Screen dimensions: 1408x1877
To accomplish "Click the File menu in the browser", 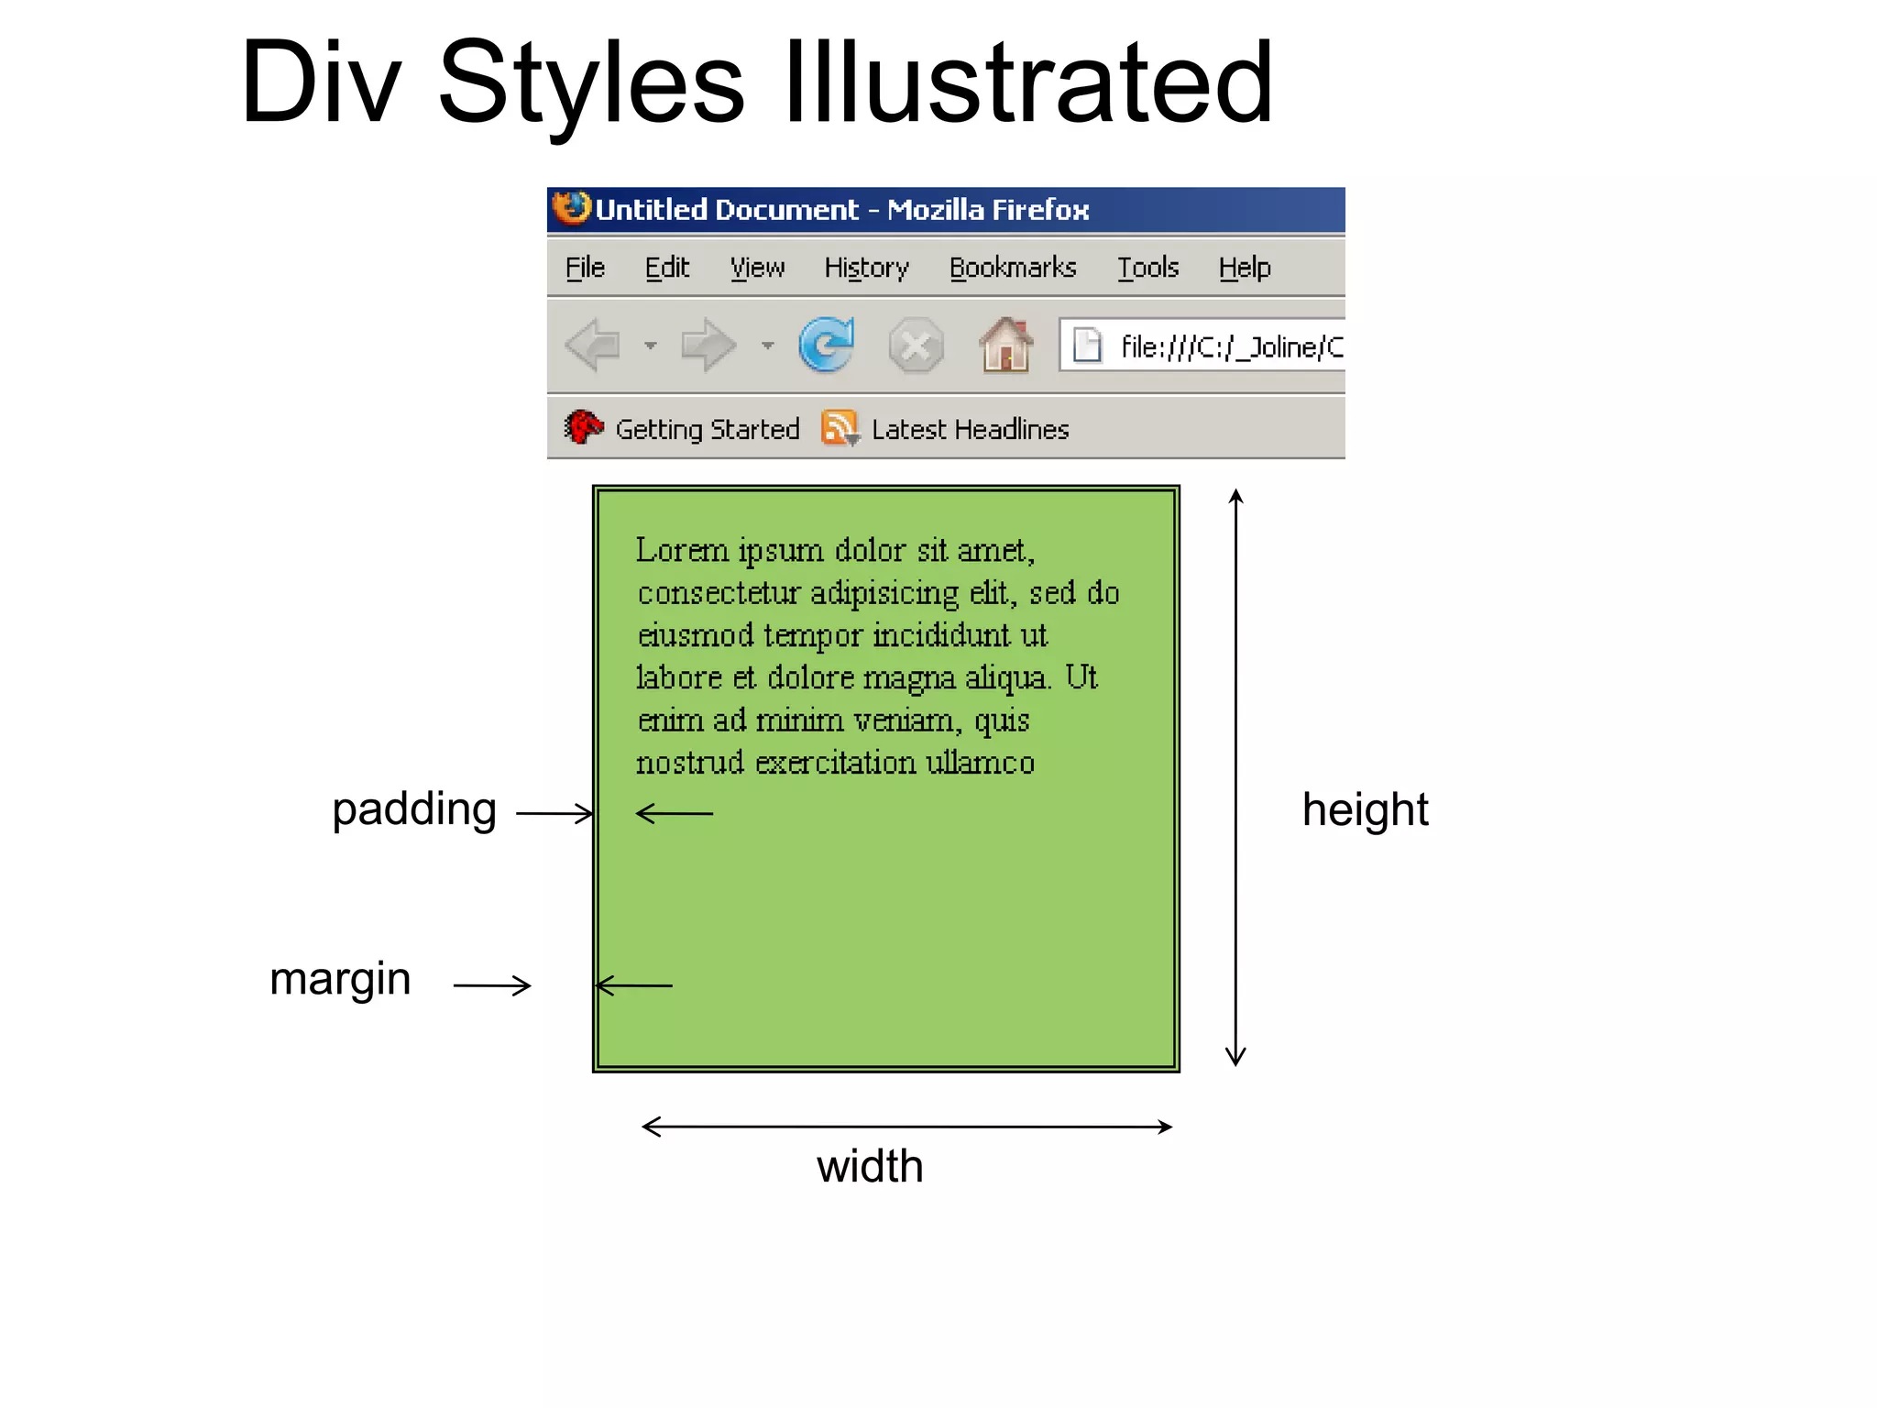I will pos(585,268).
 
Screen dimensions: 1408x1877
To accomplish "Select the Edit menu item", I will pos(666,268).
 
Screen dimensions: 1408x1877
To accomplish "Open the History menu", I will pos(866,268).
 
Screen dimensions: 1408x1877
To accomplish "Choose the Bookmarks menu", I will pos(1013,268).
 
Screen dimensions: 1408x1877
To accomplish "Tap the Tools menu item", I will pos(1147,268).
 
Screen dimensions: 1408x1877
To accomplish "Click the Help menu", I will pos(1245,268).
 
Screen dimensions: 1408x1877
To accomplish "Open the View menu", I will pos(757,268).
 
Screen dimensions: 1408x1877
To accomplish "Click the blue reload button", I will pos(826,346).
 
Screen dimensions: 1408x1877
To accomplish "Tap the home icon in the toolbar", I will pos(1005,346).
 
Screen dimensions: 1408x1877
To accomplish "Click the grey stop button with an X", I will pos(916,346).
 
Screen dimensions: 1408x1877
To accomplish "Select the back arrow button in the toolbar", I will pos(593,346).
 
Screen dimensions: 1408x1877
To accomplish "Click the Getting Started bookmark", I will pos(707,429).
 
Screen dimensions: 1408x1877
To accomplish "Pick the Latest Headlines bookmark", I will pos(970,429).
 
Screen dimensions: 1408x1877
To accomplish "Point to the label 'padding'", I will pos(414,810).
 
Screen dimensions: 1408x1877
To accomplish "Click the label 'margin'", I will pos(340,980).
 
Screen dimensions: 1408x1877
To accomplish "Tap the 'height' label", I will pos(1365,809).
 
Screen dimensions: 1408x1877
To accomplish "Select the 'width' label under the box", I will pos(870,1166).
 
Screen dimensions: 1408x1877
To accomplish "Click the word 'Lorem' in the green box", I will pos(682,550).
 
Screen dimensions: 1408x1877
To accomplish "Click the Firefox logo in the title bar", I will pos(572,208).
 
